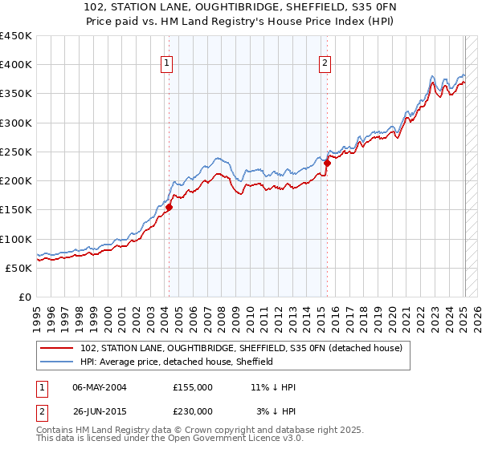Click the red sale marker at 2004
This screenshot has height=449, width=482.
point(169,207)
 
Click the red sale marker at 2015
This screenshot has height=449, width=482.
point(327,164)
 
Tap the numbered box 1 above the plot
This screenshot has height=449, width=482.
point(166,63)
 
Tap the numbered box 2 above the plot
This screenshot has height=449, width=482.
point(325,63)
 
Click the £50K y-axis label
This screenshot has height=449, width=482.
point(18,268)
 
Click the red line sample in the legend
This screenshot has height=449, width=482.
point(59,347)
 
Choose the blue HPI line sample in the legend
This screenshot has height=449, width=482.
point(59,362)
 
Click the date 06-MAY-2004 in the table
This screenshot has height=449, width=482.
point(100,387)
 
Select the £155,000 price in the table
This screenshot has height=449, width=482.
point(193,387)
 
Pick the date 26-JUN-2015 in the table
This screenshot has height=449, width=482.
point(100,411)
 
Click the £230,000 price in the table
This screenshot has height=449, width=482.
point(193,411)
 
